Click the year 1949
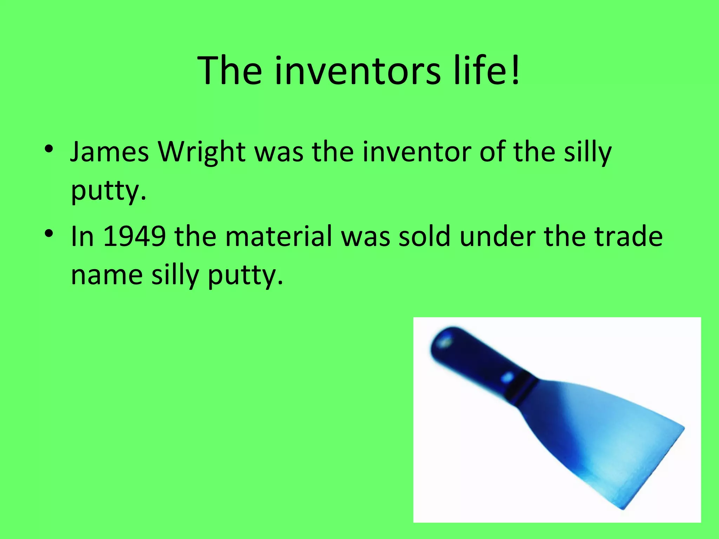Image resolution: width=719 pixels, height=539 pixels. click(135, 236)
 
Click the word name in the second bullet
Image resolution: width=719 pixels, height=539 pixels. click(107, 275)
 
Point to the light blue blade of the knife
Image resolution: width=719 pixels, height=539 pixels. click(611, 442)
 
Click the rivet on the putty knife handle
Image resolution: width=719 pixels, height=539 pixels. click(507, 377)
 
